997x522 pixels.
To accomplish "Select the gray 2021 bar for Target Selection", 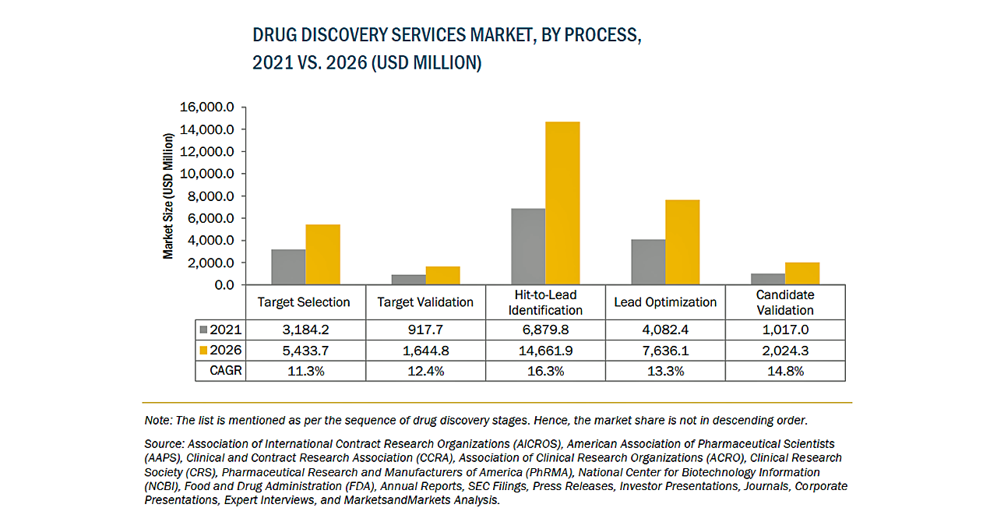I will point(288,266).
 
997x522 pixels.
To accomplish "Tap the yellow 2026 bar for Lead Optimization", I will point(682,242).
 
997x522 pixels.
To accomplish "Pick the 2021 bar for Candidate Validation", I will point(768,279).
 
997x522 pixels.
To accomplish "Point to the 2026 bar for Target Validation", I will point(442,276).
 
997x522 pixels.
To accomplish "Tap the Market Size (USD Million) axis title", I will point(167,196).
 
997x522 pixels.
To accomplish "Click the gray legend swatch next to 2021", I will point(204,330).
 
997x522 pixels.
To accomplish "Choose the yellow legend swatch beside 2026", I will point(204,351).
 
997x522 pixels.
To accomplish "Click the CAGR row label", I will point(227,371).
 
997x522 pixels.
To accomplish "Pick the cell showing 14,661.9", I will point(545,351).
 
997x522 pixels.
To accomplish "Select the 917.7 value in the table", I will point(425,330).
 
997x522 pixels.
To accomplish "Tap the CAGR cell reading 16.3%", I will point(545,371).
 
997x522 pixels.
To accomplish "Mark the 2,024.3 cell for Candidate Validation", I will point(785,351).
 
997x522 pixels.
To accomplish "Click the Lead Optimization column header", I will point(665,302).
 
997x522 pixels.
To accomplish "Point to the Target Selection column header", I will point(304,302).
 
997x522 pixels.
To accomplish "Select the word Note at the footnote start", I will point(158,420).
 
